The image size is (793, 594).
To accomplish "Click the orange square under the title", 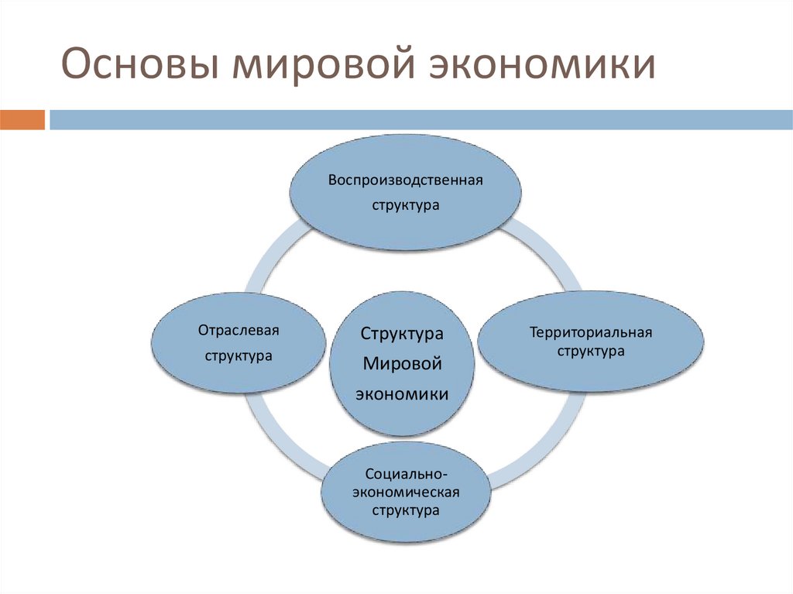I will click(22, 120).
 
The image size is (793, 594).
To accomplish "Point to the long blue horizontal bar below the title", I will click(418, 120).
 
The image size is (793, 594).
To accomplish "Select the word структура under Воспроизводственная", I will click(405, 206).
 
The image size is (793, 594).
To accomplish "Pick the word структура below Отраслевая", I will click(239, 356).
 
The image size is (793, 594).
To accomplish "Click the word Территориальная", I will click(592, 332).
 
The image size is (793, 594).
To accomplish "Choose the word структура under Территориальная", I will click(592, 351).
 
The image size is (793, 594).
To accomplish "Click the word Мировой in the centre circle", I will click(402, 363).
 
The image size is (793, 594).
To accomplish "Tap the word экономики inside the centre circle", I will click(402, 393).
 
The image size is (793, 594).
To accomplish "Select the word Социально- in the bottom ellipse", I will click(405, 473).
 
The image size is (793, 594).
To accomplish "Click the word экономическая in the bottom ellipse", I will click(405, 492).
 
